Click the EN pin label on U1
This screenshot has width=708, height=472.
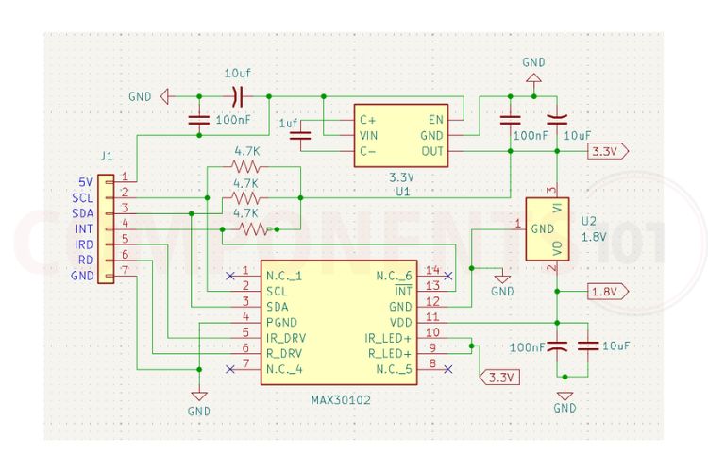[x=436, y=120]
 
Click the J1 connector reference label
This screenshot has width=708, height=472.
[x=107, y=157]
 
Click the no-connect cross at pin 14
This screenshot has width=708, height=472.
[x=447, y=276]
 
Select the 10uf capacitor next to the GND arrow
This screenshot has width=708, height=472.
[x=236, y=95]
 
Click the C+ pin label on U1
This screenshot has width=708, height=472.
[x=367, y=120]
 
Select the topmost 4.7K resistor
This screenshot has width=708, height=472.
[x=246, y=166]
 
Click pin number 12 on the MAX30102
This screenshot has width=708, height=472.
[x=431, y=304]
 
